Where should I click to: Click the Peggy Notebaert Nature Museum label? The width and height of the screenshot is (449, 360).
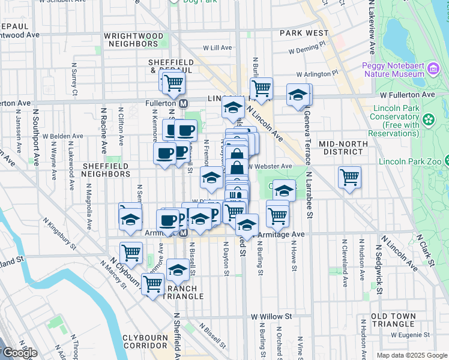click(x=393, y=70)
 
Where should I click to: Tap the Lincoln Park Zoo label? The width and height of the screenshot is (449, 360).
click(x=412, y=161)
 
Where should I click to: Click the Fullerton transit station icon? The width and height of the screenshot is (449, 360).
click(x=184, y=103)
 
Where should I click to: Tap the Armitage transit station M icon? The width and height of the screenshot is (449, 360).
click(x=184, y=232)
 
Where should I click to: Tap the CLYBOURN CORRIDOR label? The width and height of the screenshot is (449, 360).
click(x=145, y=341)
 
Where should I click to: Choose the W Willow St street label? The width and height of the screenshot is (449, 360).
click(x=271, y=316)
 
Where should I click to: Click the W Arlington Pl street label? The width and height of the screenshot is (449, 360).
click(x=318, y=74)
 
